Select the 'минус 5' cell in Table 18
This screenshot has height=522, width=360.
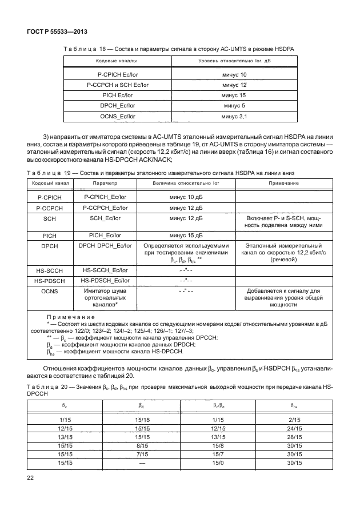234,106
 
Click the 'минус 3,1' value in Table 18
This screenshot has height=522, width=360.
234,116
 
